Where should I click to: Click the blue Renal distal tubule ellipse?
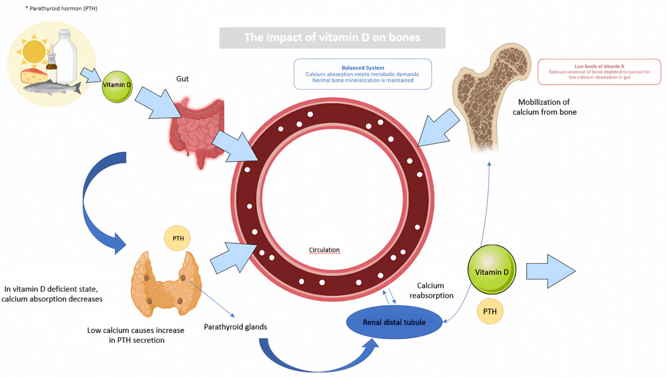pos(394,322)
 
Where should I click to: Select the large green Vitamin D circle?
pos(492,270)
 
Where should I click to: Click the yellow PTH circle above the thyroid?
pos(178,238)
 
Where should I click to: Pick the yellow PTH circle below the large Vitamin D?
pos(490,311)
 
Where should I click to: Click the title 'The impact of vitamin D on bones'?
pos(332,37)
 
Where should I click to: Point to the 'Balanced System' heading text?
pos(363,68)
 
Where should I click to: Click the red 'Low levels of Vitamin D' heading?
pos(599,67)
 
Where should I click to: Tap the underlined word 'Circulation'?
pos(324,250)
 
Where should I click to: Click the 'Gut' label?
pos(182,79)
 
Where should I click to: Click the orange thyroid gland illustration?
pos(165,285)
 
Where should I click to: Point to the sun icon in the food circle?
pos(33,52)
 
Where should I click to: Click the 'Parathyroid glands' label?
pos(235,327)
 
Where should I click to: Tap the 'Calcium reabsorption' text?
pos(431,290)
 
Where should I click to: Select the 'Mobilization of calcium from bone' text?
pos(544,107)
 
